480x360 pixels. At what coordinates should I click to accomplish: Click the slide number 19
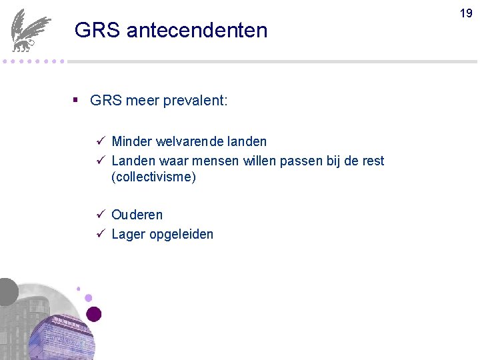(x=465, y=13)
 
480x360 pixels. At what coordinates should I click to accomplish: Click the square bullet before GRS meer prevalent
(x=76, y=100)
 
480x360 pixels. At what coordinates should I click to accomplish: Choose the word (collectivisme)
(x=153, y=177)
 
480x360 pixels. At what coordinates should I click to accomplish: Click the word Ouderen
(x=137, y=215)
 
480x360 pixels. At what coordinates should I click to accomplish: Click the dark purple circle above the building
(x=94, y=314)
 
